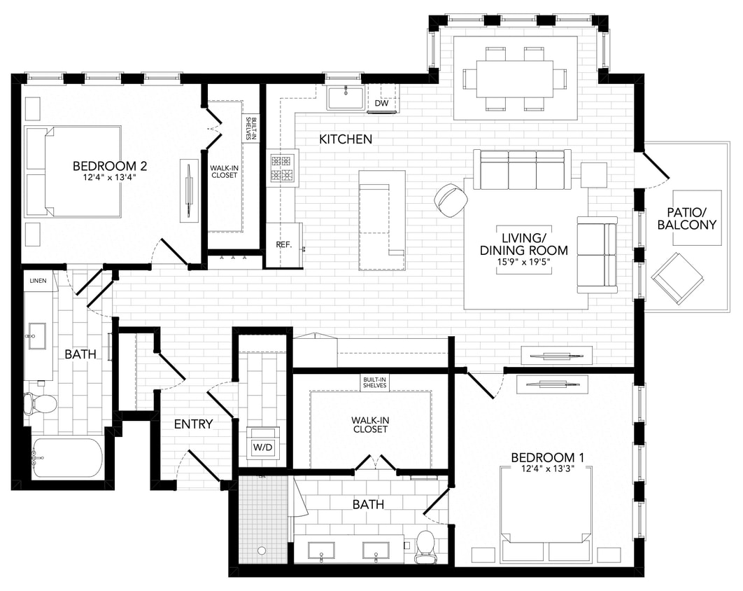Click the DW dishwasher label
(x=381, y=104)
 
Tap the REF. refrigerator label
(x=283, y=245)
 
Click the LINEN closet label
(x=38, y=280)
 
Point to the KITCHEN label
(x=346, y=139)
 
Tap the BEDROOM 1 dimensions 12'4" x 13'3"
(x=548, y=469)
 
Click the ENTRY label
(x=193, y=424)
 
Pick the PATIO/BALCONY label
(x=691, y=218)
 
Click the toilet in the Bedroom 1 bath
(x=425, y=546)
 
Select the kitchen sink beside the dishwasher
(x=345, y=99)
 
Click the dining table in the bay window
(x=515, y=78)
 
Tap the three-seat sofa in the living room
(x=522, y=169)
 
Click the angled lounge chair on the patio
(x=677, y=277)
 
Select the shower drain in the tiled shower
(x=262, y=550)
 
